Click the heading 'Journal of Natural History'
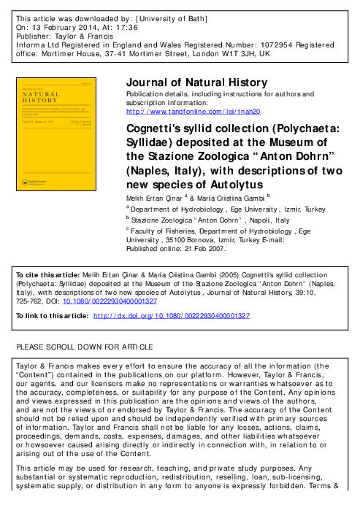pyautogui.click(x=196, y=82)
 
